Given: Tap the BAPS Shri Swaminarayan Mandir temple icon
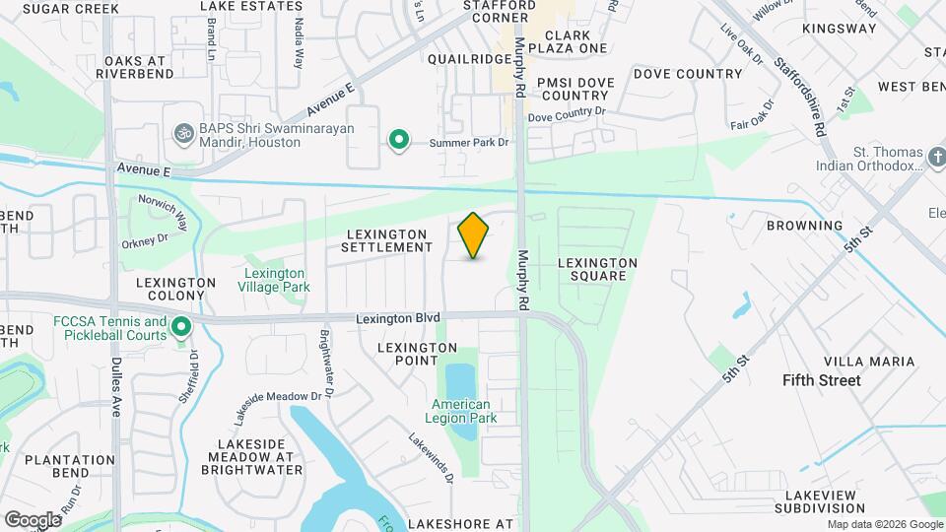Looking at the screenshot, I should (180, 132).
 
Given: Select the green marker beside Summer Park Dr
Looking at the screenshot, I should (398, 142).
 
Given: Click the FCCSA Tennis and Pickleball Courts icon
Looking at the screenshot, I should (180, 325).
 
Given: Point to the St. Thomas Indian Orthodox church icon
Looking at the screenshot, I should (936, 157).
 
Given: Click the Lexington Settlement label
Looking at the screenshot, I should (387, 240).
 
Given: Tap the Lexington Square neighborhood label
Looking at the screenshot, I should (597, 269).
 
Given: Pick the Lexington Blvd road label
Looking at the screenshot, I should (398, 317).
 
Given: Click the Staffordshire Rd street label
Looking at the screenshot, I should (799, 87).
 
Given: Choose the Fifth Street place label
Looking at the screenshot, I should (821, 380).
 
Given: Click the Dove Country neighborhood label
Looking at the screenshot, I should (688, 74).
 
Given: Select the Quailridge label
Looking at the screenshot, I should (469, 59).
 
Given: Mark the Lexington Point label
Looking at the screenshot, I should (418, 355).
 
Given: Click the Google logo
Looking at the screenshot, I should (33, 519).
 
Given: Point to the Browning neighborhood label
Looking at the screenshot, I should (805, 226).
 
